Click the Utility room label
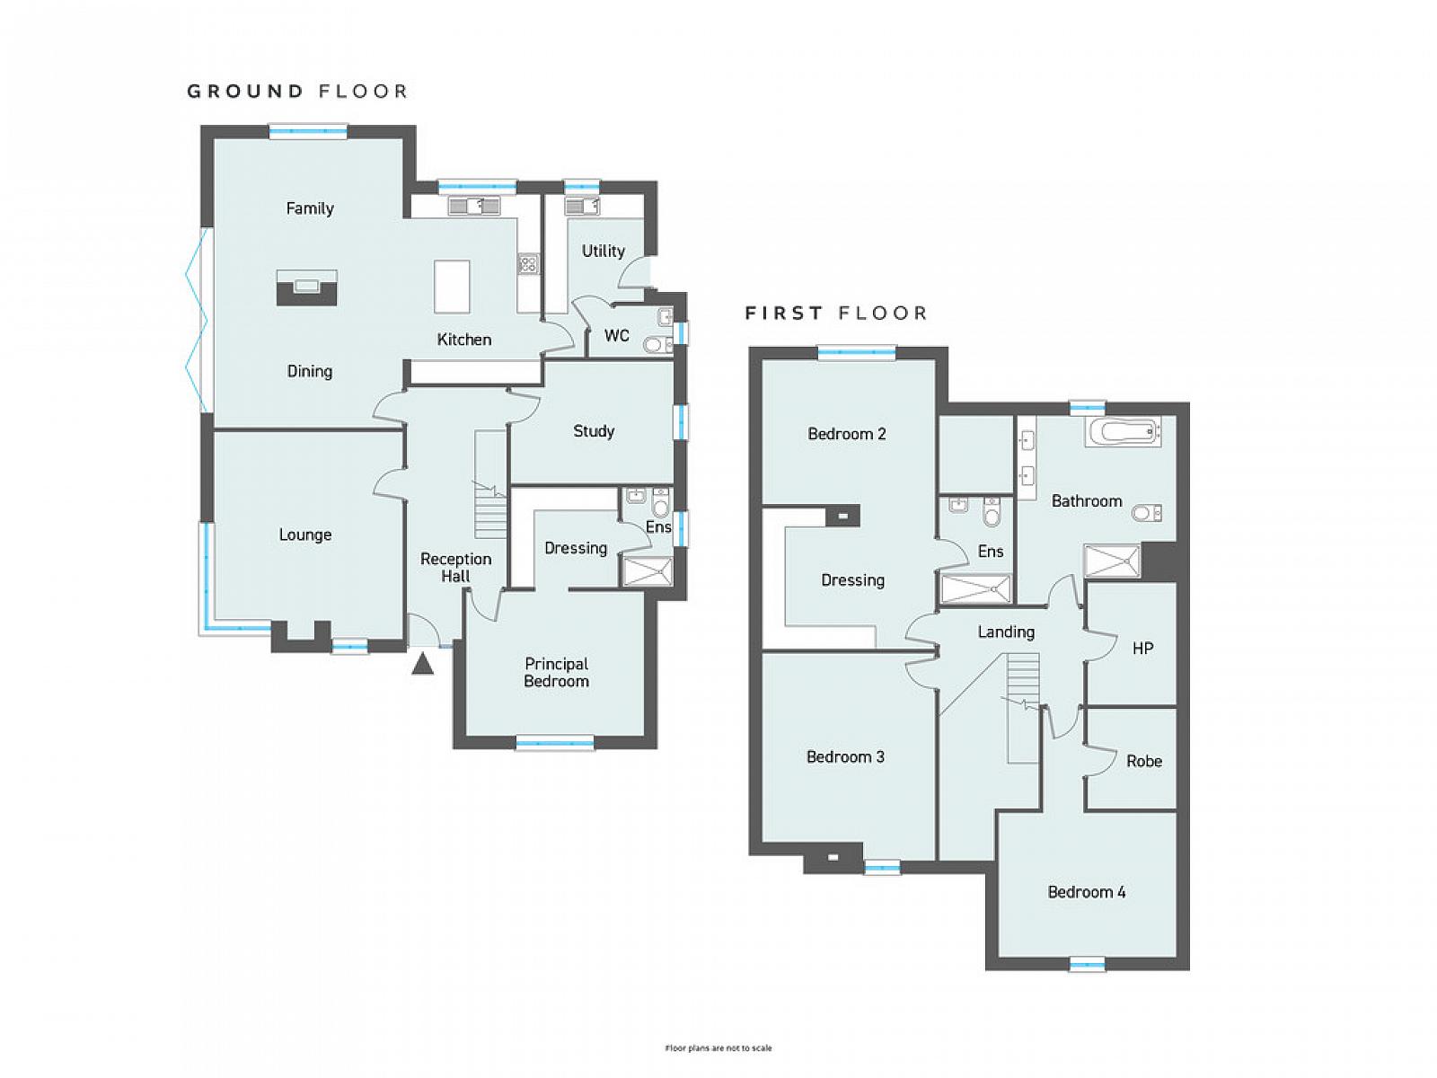[603, 252]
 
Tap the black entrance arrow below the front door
[422, 664]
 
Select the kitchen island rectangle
[452, 286]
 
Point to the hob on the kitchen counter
[528, 264]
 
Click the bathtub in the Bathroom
[1123, 431]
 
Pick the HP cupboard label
[1142, 649]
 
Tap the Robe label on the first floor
[1143, 761]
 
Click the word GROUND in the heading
[245, 91]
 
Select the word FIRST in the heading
[784, 314]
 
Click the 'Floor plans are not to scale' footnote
[718, 1047]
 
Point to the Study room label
[594, 431]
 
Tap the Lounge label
[305, 535]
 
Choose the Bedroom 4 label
[1086, 892]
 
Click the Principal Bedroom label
[556, 673]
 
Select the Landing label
[1006, 632]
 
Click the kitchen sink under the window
[474, 207]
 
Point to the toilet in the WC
[657, 344]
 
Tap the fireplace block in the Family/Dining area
[306, 288]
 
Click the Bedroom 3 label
[845, 757]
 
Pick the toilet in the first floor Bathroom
[1146, 513]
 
